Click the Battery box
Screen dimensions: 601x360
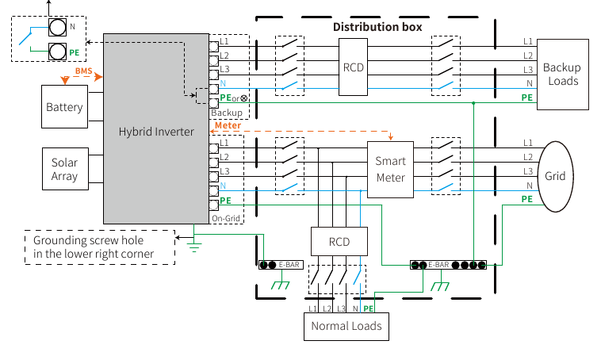coord(64,106)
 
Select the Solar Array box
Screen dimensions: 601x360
coord(65,169)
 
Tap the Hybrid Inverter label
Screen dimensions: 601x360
coord(156,132)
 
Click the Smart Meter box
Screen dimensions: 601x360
coord(390,170)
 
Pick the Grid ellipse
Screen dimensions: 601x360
coord(555,176)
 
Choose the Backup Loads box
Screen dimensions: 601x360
coord(563,75)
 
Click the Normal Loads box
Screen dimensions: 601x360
coord(346,326)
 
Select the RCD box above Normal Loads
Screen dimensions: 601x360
coord(339,242)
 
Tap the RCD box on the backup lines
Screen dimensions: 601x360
coord(353,67)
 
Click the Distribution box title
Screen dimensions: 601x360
coord(377,27)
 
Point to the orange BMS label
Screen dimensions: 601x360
coord(83,71)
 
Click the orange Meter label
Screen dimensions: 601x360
coord(228,125)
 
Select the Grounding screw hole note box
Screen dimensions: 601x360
coord(100,247)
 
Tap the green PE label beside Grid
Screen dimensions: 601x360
coord(527,199)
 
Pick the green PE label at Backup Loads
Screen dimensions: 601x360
coord(527,98)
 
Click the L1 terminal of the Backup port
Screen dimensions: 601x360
coord(213,47)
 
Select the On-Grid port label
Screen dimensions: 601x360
coord(226,219)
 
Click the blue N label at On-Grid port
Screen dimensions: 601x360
coord(223,186)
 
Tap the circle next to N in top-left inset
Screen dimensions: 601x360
coord(58,27)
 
